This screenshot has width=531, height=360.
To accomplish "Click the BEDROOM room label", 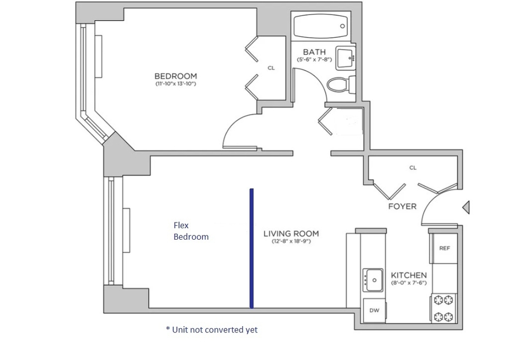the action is click(175, 76).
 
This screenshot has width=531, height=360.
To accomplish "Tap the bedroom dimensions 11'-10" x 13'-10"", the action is click(175, 84).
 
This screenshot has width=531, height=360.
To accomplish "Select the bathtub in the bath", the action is click(320, 26).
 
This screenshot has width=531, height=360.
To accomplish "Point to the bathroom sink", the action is click(346, 58).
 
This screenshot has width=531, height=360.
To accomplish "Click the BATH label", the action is click(314, 52).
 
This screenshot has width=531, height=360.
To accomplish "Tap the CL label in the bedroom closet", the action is click(271, 68).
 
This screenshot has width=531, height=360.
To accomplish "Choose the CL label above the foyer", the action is click(413, 168).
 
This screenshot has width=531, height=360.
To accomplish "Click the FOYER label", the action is click(402, 206).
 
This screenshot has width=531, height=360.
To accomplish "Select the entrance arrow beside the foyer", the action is click(466, 207).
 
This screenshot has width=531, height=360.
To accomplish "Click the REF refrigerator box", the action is click(444, 248).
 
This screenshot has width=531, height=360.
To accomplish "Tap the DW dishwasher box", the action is click(374, 310).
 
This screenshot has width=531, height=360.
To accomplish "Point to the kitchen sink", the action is click(373, 280).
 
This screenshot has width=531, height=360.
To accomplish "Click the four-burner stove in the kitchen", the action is click(444, 308).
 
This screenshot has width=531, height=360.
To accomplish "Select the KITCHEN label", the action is click(409, 275).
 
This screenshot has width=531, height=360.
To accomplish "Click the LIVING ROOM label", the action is click(291, 233).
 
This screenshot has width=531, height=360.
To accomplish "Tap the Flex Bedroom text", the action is click(191, 231).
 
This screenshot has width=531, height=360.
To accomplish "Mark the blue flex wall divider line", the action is click(251, 248).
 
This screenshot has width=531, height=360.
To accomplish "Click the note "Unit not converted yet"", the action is click(212, 329).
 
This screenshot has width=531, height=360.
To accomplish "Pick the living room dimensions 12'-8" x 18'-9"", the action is click(291, 241).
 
